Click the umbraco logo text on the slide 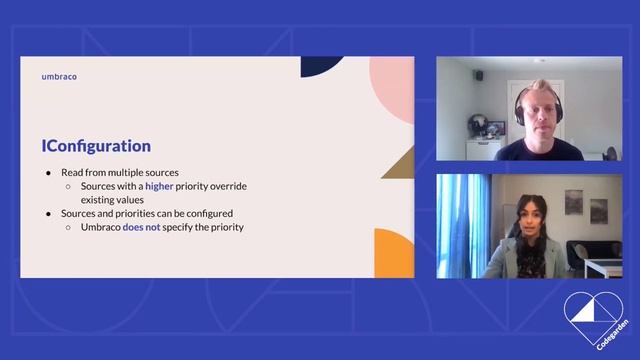pyautogui.click(x=60, y=76)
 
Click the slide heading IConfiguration pyautogui.click(x=96, y=146)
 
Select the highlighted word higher pyautogui.click(x=159, y=186)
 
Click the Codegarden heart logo pyautogui.click(x=593, y=318)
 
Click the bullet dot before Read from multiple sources pyautogui.click(x=49, y=173)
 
